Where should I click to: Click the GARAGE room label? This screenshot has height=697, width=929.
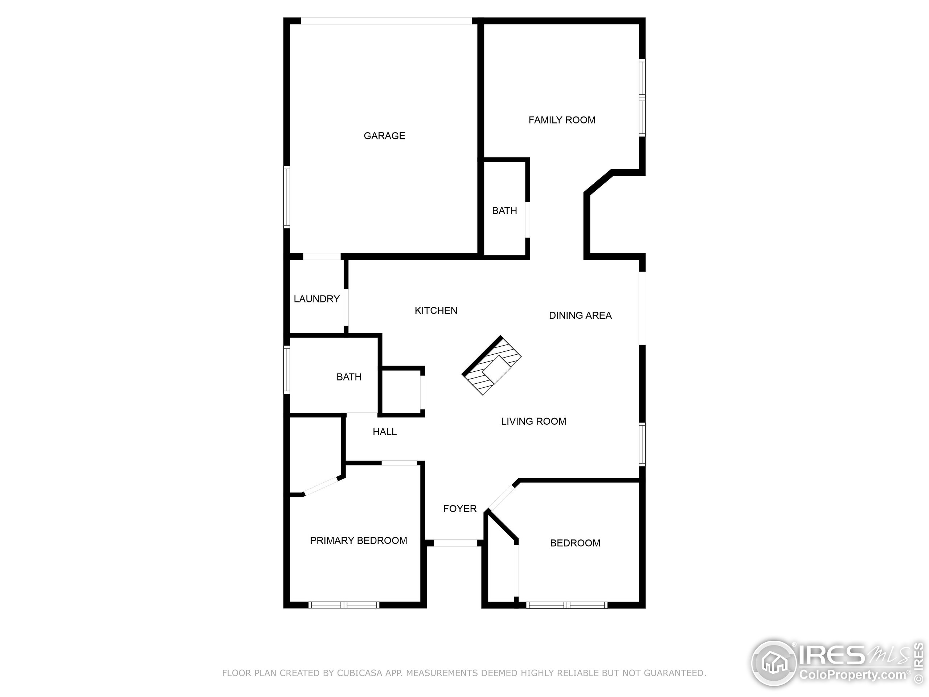[384, 136]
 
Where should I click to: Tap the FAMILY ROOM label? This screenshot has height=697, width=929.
[561, 120]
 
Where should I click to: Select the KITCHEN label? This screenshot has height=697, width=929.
[436, 310]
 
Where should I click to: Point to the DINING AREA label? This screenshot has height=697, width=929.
[580, 315]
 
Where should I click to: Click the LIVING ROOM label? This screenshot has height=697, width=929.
[533, 421]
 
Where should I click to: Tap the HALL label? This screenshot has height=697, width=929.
[384, 432]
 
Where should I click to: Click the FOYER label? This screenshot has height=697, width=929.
[460, 509]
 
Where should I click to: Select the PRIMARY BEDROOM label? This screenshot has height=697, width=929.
[358, 541]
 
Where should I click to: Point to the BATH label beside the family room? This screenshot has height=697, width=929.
[504, 211]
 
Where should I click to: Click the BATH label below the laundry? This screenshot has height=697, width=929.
[349, 377]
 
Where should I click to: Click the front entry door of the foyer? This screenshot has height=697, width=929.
[455, 543]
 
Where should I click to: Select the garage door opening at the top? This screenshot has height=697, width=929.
[386, 21]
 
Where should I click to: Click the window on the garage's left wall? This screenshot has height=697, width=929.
[287, 197]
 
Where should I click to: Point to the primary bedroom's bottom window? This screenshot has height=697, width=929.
[344, 605]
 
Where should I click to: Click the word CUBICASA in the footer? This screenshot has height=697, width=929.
[359, 673]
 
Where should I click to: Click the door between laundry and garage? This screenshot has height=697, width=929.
[322, 256]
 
